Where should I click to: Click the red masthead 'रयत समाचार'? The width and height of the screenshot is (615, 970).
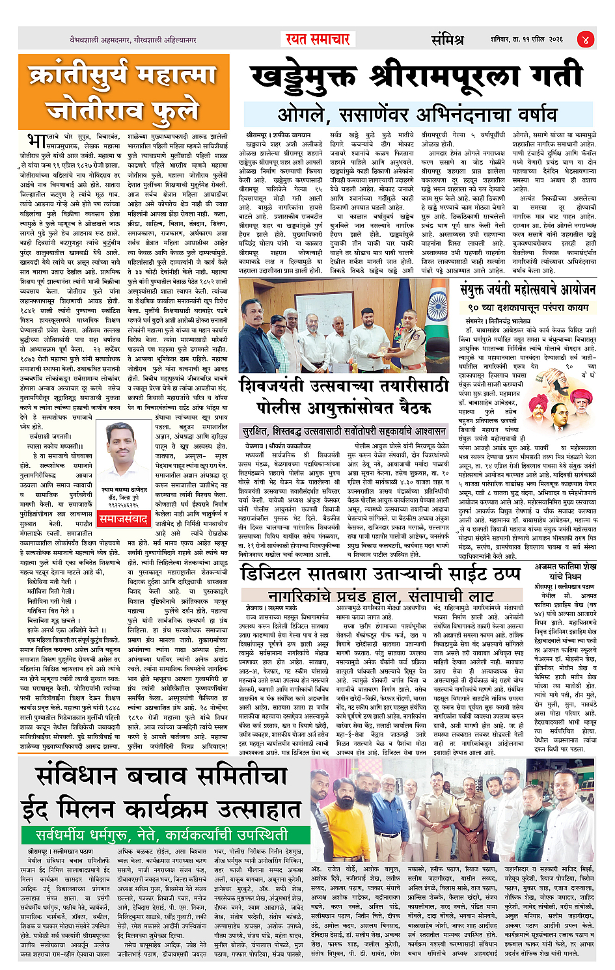[x=318, y=39]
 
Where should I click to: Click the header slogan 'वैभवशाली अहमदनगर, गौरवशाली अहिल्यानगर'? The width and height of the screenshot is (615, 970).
[x=133, y=40]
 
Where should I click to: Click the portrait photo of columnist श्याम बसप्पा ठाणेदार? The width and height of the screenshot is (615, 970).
[x=124, y=461]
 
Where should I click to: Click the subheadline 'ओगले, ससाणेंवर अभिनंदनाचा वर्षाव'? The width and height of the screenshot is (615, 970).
[x=417, y=115]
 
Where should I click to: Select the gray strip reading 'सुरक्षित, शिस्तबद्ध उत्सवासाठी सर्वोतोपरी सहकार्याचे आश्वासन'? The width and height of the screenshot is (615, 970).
[x=344, y=431]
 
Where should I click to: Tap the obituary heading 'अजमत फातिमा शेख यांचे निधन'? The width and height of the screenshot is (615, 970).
[x=564, y=571]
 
